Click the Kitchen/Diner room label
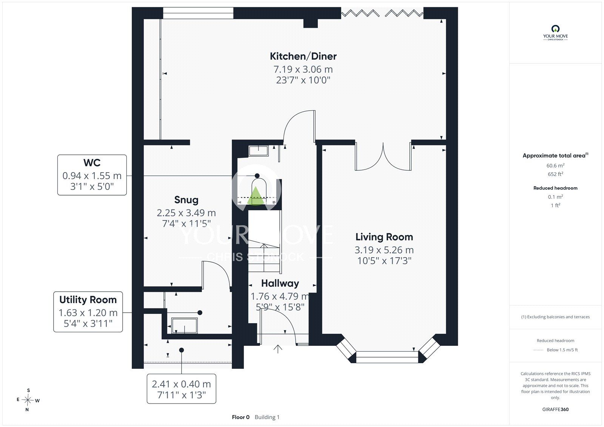point(303,56)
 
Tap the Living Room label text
point(384,237)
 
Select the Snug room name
point(186,200)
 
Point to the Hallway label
point(280,284)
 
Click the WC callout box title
point(92,163)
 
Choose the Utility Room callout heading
point(88,300)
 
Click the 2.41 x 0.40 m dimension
point(181,384)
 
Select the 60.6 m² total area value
point(555,166)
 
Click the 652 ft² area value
point(555,174)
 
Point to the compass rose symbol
point(28,400)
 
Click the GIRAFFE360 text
point(555,409)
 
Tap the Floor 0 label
point(240,417)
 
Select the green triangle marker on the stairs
point(255,196)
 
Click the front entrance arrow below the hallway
point(278,349)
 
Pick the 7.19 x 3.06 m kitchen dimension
point(303,69)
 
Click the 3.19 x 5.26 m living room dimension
point(384,250)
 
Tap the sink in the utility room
point(185,325)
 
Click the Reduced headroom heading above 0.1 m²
point(555,188)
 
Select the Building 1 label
point(267,417)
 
